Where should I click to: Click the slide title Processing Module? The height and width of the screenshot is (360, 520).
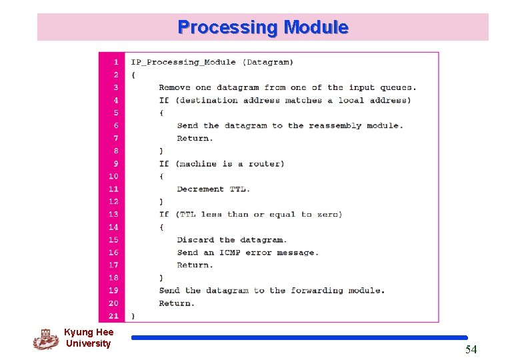[263, 27]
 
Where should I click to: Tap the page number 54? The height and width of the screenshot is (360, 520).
[471, 349]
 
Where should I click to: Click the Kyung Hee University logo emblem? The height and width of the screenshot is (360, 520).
[45, 339]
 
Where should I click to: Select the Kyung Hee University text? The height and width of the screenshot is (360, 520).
[89, 338]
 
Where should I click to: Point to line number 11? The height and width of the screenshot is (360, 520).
[113, 189]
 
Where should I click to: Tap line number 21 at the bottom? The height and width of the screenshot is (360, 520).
[113, 315]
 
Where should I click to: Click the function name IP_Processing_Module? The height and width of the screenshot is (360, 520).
[183, 62]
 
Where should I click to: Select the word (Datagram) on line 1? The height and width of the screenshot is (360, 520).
[267, 62]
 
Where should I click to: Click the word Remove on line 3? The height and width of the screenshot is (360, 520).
[175, 87]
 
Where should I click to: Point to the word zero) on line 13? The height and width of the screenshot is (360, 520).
[329, 214]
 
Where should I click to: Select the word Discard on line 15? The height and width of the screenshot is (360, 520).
[195, 239]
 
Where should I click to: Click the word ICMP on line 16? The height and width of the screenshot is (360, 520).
[231, 252]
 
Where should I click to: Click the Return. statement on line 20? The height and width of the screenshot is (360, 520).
[177, 303]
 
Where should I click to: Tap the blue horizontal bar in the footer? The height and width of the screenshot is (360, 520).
[299, 337]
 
